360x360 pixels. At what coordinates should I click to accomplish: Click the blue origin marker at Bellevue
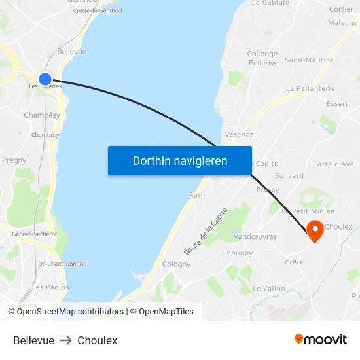pos(45,79)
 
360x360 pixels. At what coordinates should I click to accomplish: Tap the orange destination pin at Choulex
pos(315,230)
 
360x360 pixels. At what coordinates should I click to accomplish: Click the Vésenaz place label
pos(239,134)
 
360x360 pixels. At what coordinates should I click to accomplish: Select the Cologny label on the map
pos(176,264)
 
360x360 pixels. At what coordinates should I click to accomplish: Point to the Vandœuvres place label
pos(255,236)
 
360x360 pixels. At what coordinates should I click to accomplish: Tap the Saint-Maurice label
pos(308,60)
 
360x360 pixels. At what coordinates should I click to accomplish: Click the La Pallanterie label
pos(310,88)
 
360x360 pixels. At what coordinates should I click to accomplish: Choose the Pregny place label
pos(14,160)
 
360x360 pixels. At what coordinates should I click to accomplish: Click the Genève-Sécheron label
pos(35,234)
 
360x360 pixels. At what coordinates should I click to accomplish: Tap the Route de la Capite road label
pos(206,231)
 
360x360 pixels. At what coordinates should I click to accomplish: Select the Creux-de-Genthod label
pos(97,10)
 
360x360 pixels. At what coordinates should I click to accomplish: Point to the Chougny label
pos(237,253)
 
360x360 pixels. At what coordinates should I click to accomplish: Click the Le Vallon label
pos(269,288)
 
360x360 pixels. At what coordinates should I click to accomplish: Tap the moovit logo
pos(321,340)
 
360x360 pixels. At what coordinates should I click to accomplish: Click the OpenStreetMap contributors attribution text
pos(70,312)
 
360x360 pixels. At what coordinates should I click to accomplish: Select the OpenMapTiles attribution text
pos(166,312)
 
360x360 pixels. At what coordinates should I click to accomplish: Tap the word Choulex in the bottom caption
pos(97,340)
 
